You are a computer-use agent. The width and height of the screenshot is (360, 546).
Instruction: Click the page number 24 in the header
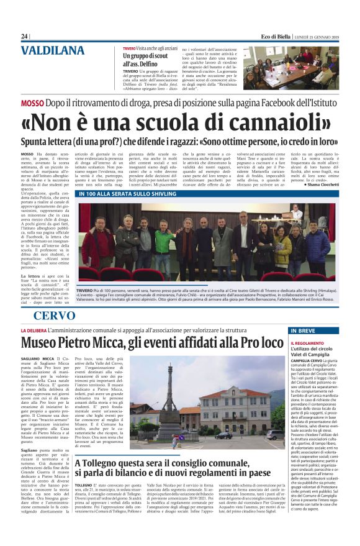(x=24, y=37)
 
